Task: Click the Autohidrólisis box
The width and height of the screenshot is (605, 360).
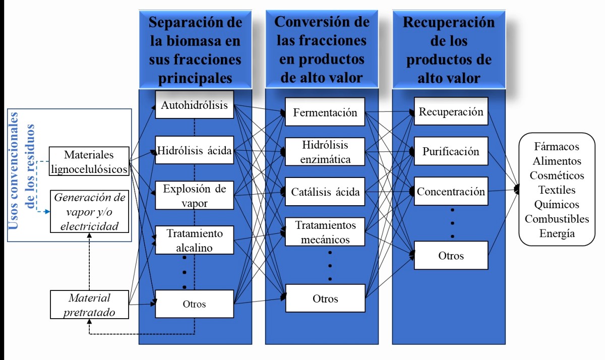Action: pyautogui.click(x=194, y=105)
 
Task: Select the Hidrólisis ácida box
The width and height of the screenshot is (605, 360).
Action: pyautogui.click(x=194, y=150)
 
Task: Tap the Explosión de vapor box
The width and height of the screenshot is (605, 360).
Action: pyautogui.click(x=194, y=195)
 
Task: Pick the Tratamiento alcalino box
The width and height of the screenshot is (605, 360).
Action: pyautogui.click(x=194, y=241)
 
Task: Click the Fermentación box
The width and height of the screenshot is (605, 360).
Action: pyautogui.click(x=325, y=112)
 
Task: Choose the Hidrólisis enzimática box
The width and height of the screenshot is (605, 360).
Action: pyautogui.click(x=325, y=152)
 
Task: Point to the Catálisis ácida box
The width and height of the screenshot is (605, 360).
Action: pyautogui.click(x=325, y=192)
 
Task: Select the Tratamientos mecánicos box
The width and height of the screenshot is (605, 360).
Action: pyautogui.click(x=325, y=232)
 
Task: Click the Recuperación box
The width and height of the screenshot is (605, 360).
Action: pyautogui.click(x=451, y=111)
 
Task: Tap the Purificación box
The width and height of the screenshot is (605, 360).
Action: pyautogui.click(x=451, y=151)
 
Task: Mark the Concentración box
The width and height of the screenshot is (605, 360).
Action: pyautogui.click(x=451, y=191)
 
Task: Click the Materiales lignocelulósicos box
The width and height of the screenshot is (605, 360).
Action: pyautogui.click(x=89, y=161)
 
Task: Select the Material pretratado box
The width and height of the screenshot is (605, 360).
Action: pyautogui.click(x=89, y=305)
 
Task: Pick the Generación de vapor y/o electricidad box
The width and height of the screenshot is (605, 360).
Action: pyautogui.click(x=89, y=212)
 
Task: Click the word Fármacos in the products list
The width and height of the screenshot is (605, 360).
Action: pyautogui.click(x=557, y=147)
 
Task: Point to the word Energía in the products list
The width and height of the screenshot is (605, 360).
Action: pyautogui.click(x=557, y=233)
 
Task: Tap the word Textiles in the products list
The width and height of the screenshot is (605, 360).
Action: pyautogui.click(x=557, y=190)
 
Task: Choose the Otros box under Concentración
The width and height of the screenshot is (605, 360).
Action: pyautogui.click(x=451, y=255)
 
